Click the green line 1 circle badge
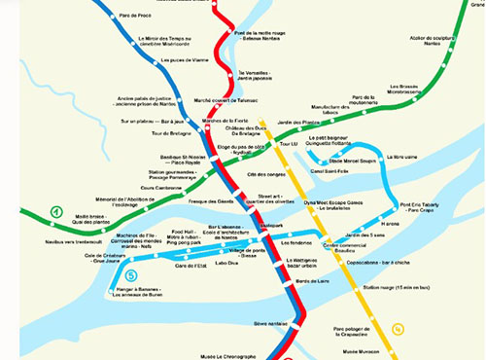coord(56,211)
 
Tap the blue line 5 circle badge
coord(131,275)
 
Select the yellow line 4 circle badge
coord(397,327)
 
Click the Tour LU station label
coord(288,144)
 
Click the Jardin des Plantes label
coord(298,122)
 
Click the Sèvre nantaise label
coord(271,322)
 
